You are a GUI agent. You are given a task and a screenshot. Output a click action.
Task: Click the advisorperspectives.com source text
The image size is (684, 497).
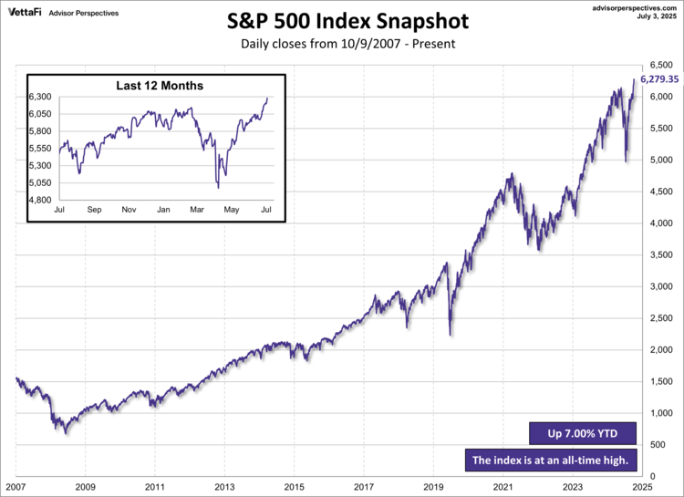click(630, 6)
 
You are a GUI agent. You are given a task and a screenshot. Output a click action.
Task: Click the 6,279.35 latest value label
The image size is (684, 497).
click(658, 79)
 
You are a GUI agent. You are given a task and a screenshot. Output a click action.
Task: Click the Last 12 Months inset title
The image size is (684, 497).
click(160, 86)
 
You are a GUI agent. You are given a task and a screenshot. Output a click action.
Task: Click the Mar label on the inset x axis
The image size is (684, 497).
click(198, 211)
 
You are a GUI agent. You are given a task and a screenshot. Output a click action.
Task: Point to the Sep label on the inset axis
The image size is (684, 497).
click(94, 211)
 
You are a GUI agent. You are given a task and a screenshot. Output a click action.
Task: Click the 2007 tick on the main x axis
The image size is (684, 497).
click(16, 487)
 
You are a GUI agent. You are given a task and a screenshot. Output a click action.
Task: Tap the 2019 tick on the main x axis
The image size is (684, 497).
click(433, 487)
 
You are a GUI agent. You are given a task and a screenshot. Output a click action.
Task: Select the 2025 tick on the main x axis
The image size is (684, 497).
click(642, 487)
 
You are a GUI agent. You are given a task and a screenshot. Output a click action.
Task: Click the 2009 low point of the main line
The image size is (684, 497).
click(67, 431)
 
